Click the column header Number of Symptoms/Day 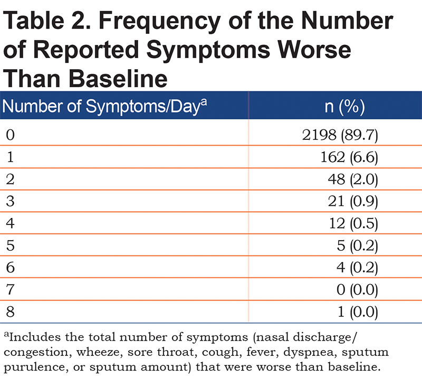(x=104, y=106)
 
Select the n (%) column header (x=345, y=107)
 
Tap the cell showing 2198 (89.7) (x=340, y=135)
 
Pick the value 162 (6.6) (x=349, y=157)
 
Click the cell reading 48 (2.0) (x=353, y=179)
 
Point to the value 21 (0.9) (x=353, y=201)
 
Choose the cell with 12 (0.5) (x=353, y=223)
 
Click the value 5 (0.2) (x=358, y=246)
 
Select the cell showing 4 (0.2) (x=357, y=268)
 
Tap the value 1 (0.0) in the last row (x=358, y=312)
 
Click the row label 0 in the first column (x=10, y=135)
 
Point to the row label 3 (x=10, y=201)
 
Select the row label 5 (x=10, y=246)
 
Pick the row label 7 (x=10, y=289)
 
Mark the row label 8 (x=10, y=312)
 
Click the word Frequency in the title (x=160, y=22)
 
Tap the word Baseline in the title (x=118, y=79)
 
